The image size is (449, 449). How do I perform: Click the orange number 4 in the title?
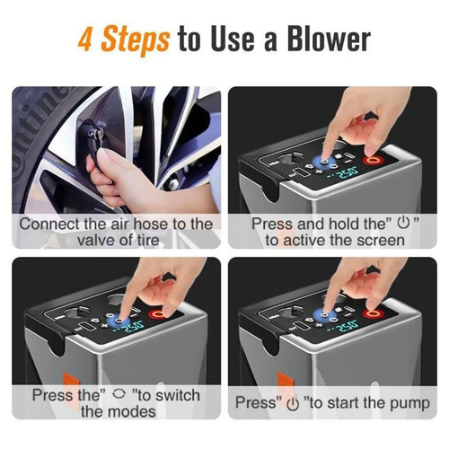point(86,40)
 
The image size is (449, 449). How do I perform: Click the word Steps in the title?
point(135,40)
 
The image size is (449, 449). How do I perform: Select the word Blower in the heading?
point(329,40)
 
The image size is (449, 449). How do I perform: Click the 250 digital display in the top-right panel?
point(348,173)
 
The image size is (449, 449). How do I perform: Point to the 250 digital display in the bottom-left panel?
point(134,325)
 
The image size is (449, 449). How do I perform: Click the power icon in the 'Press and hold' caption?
point(403,223)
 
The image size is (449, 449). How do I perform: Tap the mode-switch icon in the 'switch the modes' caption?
point(119,394)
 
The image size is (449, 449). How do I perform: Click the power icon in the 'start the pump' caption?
point(293,404)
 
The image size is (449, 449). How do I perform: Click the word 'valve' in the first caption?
point(95,241)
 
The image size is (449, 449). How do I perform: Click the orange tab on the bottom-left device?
point(71,380)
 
